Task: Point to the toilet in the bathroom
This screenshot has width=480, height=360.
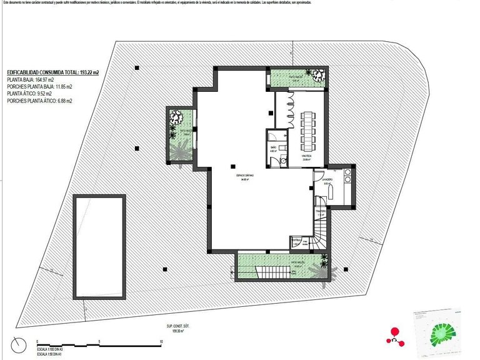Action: coord(282,159)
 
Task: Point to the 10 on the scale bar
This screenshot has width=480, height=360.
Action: coord(161,341)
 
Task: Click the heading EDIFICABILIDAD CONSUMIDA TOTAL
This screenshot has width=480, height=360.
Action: coord(52,72)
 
